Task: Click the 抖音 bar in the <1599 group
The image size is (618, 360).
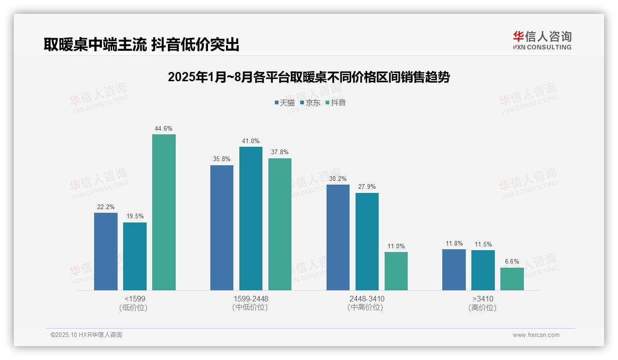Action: point(164,212)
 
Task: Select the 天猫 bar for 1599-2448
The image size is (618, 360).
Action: point(222,228)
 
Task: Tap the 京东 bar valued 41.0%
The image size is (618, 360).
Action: point(251,218)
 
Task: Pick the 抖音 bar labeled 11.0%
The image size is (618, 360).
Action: point(396,271)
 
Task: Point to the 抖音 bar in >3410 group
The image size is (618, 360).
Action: point(512,279)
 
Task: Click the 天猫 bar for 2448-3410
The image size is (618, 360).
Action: point(338,237)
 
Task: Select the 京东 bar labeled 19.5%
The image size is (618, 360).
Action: point(135,256)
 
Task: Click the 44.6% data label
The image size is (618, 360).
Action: point(164,129)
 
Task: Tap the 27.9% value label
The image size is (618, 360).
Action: point(367,187)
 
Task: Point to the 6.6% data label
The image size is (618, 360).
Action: point(512,262)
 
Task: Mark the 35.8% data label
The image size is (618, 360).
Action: point(222,159)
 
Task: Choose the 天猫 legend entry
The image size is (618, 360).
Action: point(285,103)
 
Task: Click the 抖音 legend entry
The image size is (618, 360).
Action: point(336,103)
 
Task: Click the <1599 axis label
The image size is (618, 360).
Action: point(135,299)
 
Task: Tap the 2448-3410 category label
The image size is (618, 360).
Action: point(367,299)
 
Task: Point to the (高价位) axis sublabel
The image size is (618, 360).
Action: point(482,308)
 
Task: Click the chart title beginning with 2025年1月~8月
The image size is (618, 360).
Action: point(309,77)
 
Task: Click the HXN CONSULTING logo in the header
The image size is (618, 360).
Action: point(542,41)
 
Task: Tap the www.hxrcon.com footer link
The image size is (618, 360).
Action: point(536,335)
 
